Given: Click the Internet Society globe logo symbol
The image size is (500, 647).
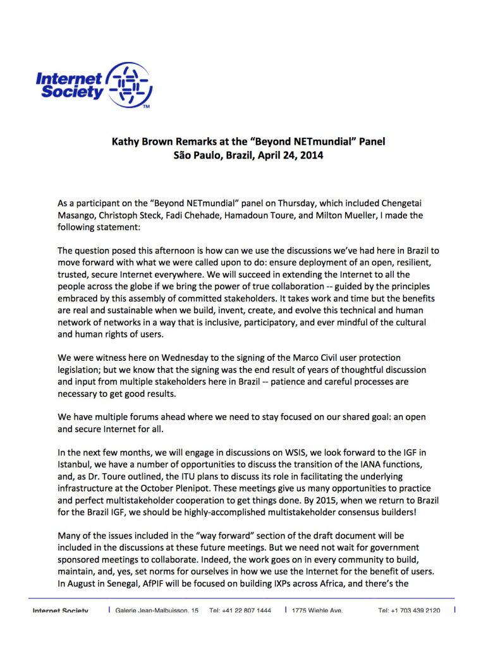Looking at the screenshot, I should pos(129,85).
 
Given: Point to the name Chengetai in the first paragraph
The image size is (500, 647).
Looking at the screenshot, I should pos(432,203).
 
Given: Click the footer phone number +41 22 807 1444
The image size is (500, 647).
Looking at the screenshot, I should pos(241,610).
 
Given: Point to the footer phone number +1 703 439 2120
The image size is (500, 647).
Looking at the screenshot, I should pos(409,610).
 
